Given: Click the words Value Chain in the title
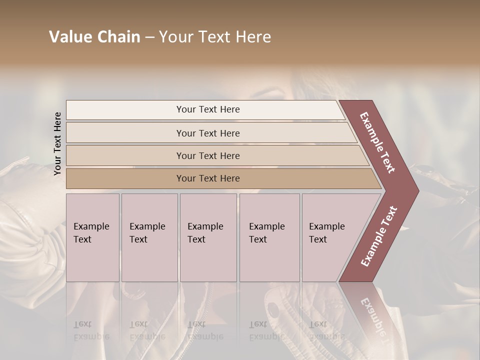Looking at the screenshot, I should (x=94, y=37).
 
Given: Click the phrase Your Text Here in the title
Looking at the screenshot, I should (x=215, y=37).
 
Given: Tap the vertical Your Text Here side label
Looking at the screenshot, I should (x=57, y=143).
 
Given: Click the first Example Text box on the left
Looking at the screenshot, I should (x=92, y=237).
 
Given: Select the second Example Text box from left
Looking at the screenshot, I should (x=149, y=237).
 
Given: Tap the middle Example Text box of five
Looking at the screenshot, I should (x=208, y=237).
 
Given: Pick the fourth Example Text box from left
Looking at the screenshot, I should (x=269, y=237).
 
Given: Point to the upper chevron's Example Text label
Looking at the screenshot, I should (x=377, y=142).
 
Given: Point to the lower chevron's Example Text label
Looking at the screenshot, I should (x=379, y=236).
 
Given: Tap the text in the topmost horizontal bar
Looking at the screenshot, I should (x=208, y=109).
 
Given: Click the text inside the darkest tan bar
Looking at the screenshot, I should (x=208, y=178).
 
